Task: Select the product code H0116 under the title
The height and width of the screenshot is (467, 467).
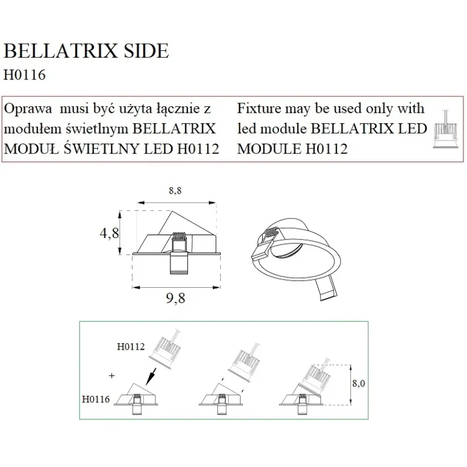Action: (x=25, y=75)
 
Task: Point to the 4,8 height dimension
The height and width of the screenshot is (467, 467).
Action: (x=109, y=233)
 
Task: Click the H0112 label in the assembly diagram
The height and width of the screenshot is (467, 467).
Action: (x=131, y=347)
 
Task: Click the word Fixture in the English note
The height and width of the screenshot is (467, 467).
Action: (x=259, y=109)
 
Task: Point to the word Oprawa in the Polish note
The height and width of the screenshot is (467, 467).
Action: (x=29, y=109)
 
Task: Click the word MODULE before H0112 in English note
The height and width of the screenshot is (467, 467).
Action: (x=269, y=149)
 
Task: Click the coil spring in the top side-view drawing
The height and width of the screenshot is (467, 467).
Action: (x=179, y=242)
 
